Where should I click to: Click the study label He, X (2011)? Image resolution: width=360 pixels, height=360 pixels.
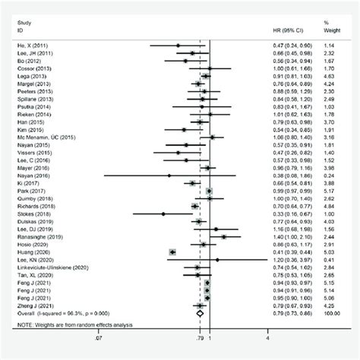pos(30,46)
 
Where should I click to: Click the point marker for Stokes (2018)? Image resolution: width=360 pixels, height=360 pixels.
pos(162,214)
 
